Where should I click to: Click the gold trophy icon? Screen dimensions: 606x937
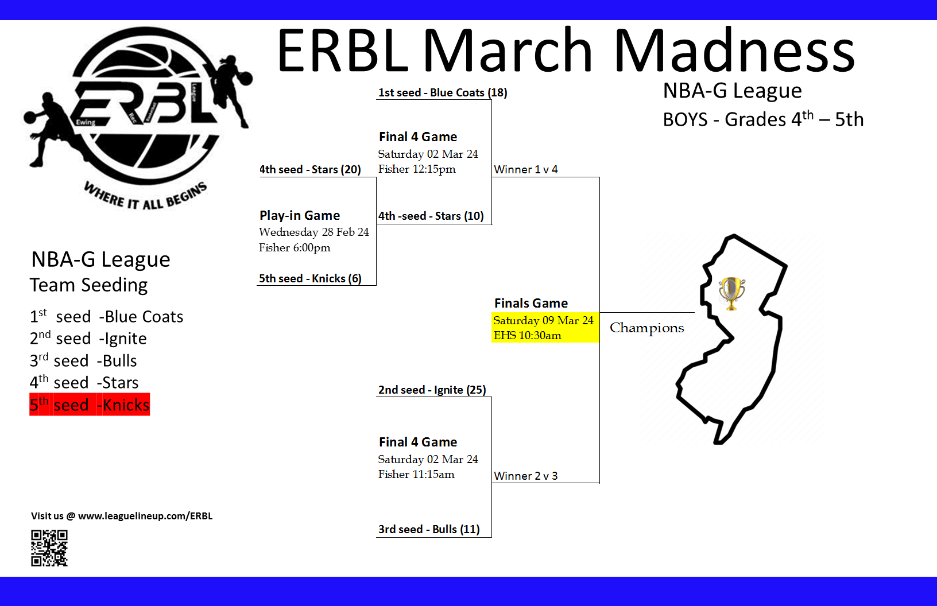731,293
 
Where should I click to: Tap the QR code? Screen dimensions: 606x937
49,548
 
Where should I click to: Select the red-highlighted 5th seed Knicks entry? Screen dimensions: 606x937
90,405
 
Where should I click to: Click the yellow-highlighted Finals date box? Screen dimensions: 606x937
544,328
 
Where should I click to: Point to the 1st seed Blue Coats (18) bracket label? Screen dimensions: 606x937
442,92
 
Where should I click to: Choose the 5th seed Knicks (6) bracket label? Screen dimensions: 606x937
310,278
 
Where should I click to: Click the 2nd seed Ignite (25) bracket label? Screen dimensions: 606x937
432,390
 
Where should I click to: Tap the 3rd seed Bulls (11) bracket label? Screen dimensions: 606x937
429,529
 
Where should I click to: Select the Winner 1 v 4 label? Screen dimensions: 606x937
526,169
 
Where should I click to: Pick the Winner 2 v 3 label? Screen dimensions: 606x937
526,476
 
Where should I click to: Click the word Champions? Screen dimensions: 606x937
646,328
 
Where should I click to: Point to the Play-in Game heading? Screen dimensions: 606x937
300,215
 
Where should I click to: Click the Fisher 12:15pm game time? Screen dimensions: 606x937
417,169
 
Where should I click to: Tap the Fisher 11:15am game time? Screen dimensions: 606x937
416,474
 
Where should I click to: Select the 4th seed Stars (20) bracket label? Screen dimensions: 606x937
310,169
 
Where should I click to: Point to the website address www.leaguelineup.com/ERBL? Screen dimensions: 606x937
145,516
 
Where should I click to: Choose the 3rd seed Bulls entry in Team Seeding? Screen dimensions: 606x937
83,361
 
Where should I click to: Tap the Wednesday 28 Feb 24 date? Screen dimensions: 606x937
313,232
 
